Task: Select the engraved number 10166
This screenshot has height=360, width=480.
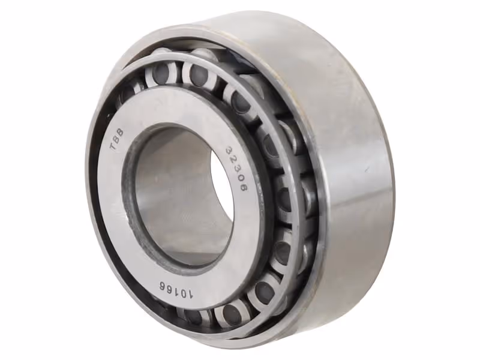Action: (176, 289)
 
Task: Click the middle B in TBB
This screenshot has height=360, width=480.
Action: (116, 139)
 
